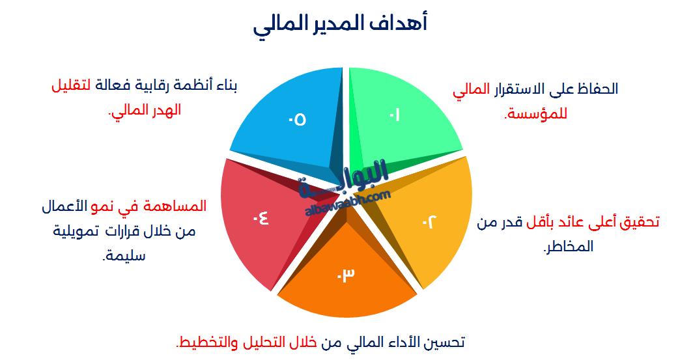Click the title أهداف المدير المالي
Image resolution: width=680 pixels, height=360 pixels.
340,25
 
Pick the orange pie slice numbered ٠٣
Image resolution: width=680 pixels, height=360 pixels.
345,277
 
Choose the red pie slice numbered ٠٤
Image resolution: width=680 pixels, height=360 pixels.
257,218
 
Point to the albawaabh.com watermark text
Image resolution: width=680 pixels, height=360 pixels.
347,201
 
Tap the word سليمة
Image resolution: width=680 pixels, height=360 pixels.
124,255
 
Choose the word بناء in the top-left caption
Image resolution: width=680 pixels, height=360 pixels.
225,85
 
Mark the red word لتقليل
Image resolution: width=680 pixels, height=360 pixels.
71,85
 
